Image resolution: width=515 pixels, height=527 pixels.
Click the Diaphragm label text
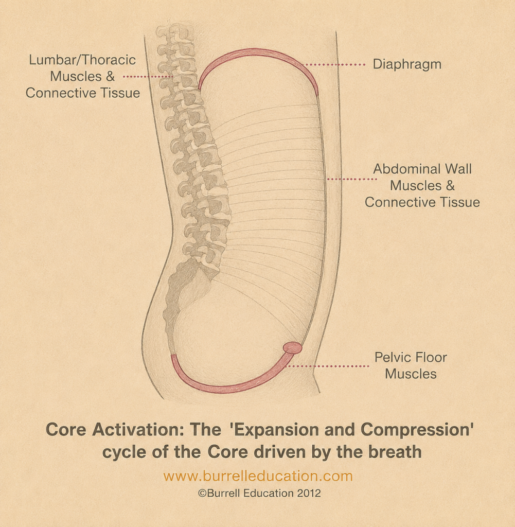(407, 64)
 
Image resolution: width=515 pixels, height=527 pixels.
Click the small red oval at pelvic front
(292, 348)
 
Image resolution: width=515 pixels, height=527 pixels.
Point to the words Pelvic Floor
(411, 357)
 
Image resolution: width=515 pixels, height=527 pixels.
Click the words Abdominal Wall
(422, 169)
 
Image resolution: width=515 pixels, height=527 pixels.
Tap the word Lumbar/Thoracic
(82, 60)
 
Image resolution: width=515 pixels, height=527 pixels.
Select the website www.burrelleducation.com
(258, 476)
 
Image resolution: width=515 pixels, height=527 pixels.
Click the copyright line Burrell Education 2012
(259, 493)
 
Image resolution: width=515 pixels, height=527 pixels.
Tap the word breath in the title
(395, 451)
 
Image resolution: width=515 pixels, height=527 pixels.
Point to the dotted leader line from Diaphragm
(334, 64)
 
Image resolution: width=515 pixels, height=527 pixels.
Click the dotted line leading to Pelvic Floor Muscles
(328, 366)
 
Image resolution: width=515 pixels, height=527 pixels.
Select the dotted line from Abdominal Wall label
(352, 179)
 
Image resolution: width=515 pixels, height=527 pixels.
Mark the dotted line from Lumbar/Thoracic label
(148, 77)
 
